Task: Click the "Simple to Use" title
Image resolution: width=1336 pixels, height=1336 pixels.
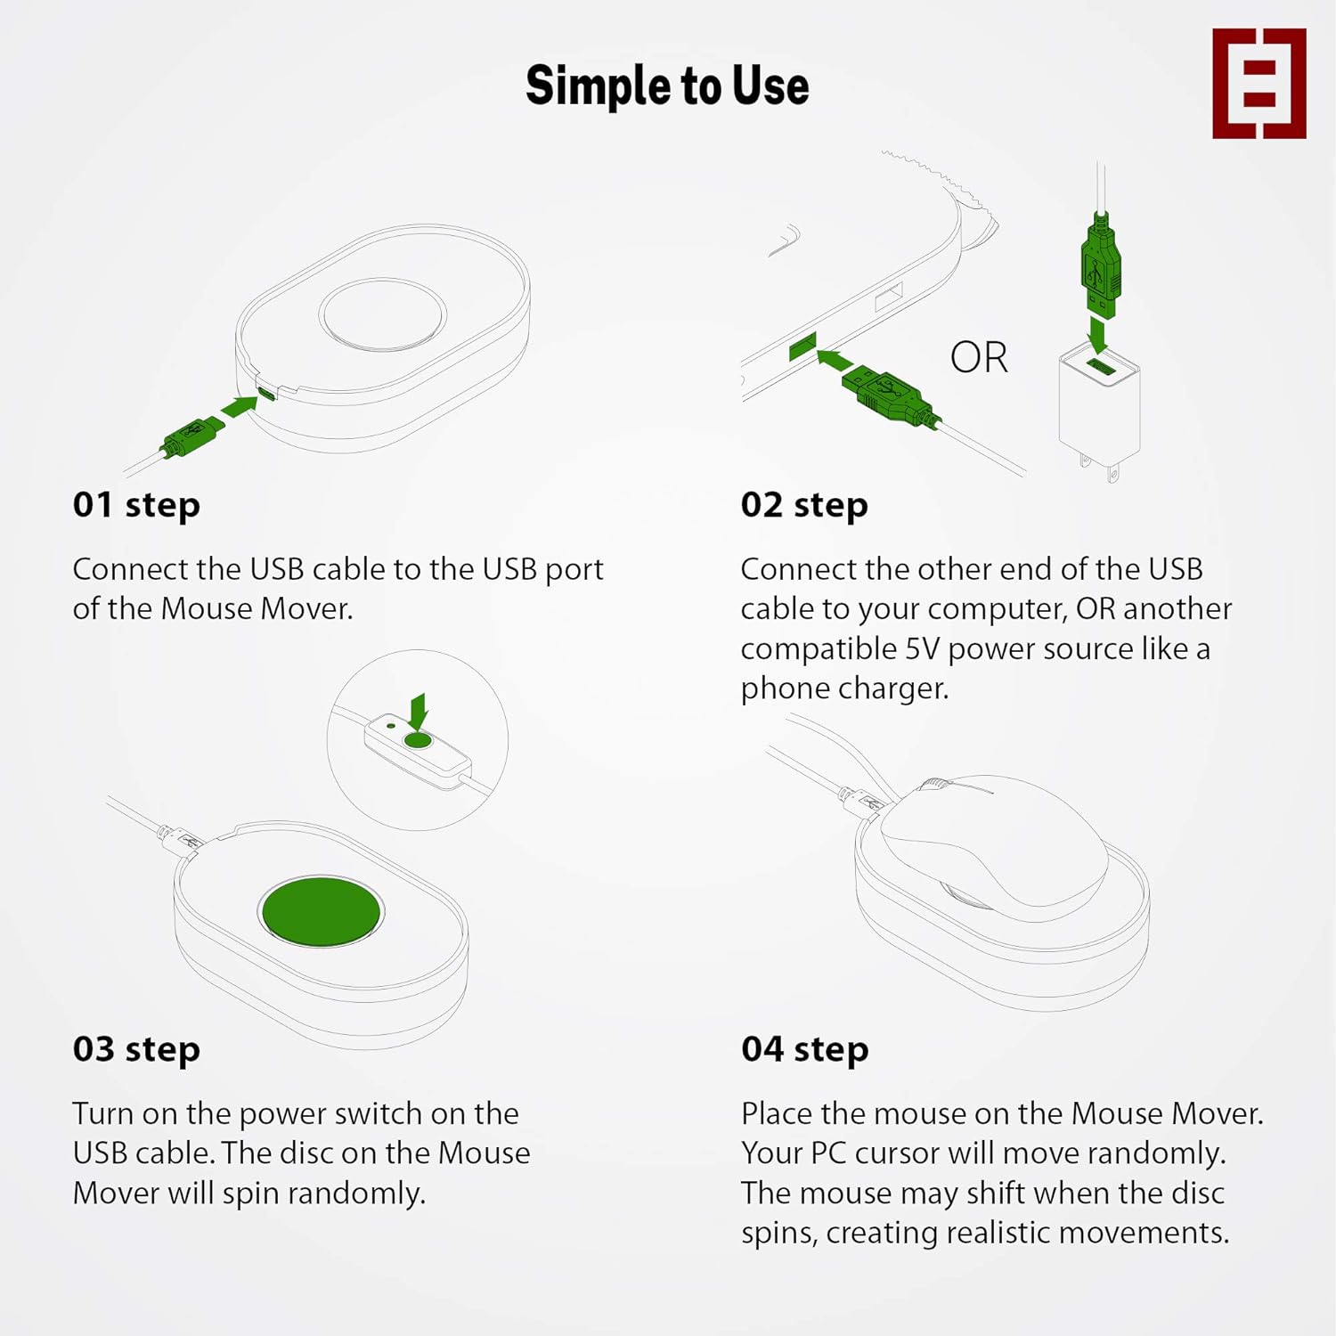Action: tap(667, 86)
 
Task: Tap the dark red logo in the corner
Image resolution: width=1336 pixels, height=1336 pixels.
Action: tap(1259, 83)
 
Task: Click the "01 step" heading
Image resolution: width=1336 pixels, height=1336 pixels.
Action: tap(136, 505)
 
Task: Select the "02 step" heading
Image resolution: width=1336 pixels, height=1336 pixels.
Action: tap(804, 505)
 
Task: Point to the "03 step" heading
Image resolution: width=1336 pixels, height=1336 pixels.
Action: tap(136, 1049)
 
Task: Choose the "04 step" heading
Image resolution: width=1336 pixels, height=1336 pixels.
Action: tap(804, 1049)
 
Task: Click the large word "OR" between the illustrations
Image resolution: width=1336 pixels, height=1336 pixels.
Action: tap(979, 357)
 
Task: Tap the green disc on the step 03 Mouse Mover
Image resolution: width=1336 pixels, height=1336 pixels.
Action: tap(322, 911)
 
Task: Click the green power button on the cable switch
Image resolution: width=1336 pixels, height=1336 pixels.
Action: tap(418, 740)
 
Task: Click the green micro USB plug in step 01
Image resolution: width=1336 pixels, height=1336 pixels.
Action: tap(192, 436)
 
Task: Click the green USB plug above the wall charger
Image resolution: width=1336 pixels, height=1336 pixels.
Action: tap(1101, 265)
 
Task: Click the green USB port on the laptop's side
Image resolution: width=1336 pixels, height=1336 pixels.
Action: tap(803, 346)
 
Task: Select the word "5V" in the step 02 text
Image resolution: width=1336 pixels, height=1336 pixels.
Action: tap(922, 648)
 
